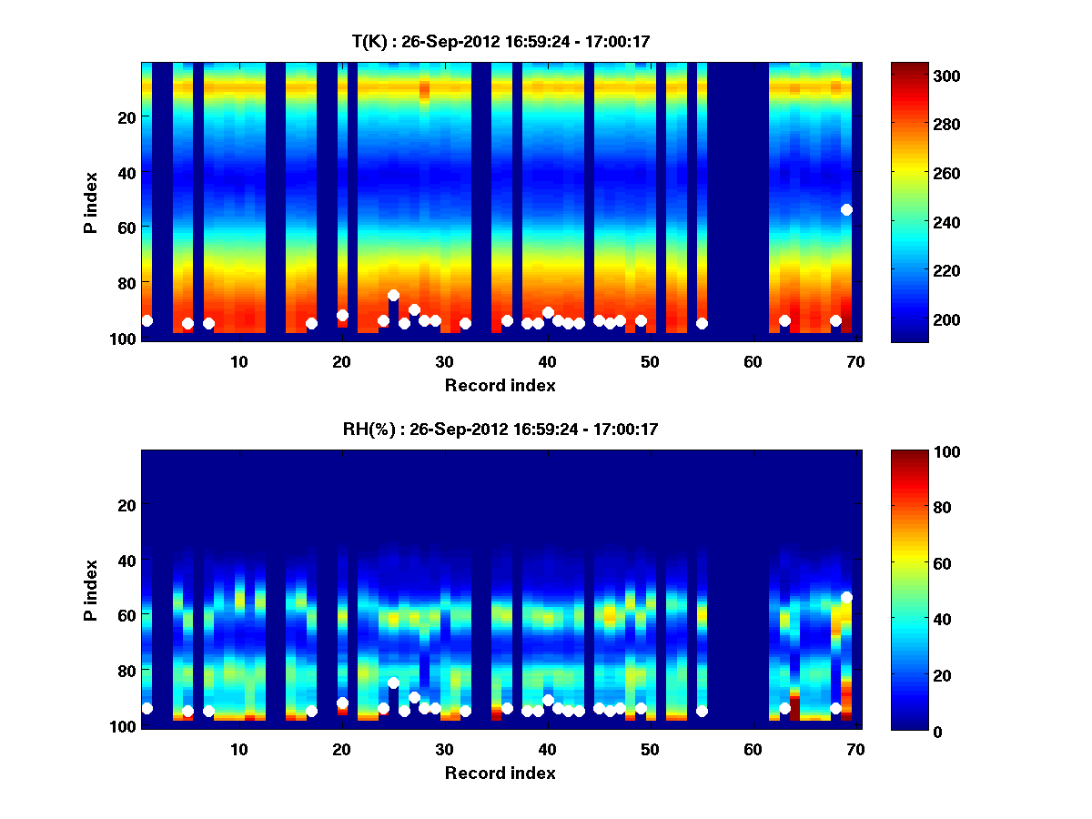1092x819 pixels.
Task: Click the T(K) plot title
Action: pos(500,41)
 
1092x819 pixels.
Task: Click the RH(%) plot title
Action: pos(500,429)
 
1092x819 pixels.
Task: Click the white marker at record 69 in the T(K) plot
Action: pos(846,209)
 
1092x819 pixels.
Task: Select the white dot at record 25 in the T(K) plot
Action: pos(393,295)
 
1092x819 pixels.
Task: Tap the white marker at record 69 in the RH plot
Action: pos(846,597)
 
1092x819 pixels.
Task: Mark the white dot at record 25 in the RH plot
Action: pos(393,682)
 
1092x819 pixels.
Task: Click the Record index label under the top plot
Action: pos(500,385)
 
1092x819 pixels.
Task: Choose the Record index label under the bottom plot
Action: pos(500,773)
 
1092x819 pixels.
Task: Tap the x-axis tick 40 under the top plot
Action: pos(547,361)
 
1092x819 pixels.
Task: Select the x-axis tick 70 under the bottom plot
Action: pos(855,749)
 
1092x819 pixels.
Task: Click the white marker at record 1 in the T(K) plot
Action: pos(147,320)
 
